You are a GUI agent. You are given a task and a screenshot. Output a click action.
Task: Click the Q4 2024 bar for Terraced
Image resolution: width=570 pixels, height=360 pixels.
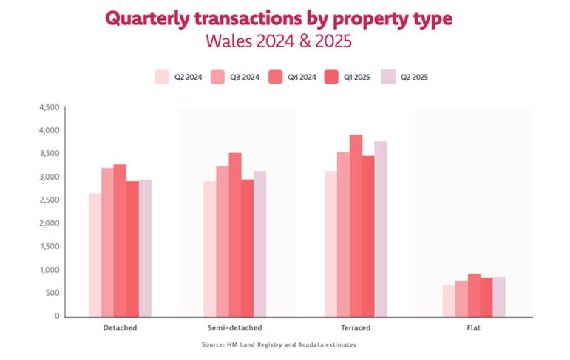356,225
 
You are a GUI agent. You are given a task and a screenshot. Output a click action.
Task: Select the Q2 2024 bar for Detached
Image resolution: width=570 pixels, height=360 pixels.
95,255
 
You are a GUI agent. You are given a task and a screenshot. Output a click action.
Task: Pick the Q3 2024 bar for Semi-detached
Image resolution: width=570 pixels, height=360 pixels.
223,241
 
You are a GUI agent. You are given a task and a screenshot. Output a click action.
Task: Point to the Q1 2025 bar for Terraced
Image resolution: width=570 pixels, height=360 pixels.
367,236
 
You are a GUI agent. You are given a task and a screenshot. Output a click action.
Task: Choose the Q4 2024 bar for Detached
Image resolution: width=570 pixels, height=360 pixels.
119,240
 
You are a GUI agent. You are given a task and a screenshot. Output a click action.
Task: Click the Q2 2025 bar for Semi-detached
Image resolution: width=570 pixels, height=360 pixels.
259,244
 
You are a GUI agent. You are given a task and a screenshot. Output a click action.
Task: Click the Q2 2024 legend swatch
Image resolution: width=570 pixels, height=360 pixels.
162,77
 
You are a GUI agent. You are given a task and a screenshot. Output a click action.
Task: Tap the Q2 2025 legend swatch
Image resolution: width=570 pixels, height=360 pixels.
388,77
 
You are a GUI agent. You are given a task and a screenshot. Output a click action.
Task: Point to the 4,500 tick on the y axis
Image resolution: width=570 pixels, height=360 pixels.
49,107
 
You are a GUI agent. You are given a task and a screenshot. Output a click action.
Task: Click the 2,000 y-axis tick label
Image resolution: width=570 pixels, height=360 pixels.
49,223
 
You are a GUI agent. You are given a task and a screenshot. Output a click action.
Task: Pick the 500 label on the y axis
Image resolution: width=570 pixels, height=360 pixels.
52,293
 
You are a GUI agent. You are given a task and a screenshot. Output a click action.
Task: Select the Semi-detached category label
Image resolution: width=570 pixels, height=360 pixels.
235,327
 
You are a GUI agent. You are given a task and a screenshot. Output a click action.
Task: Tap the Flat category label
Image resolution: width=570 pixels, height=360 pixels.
474,327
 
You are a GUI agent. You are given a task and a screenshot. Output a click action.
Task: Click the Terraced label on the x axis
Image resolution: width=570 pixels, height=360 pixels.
356,327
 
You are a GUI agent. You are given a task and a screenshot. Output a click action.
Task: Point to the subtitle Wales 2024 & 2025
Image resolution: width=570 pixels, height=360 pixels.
279,41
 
